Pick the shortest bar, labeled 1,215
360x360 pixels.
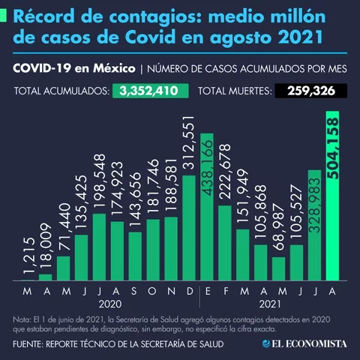pos(28,278)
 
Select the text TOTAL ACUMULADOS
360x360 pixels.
pos(61,92)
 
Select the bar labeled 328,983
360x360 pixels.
pos(315,225)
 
